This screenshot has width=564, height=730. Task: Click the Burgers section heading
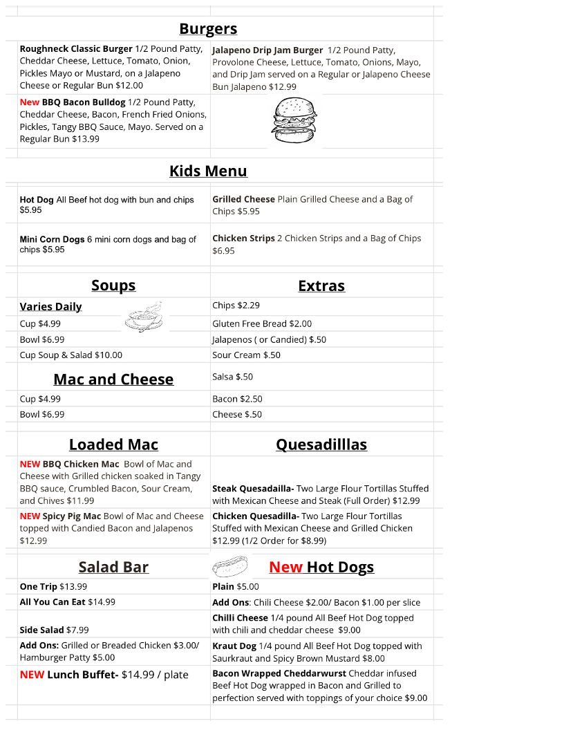[x=208, y=29]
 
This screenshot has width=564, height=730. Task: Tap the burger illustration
[x=294, y=122]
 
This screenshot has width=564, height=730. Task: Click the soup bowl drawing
[x=144, y=319]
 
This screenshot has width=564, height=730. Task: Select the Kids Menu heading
[x=208, y=171]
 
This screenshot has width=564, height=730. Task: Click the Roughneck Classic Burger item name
[x=76, y=49]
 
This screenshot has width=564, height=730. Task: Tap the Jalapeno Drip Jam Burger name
[x=267, y=50]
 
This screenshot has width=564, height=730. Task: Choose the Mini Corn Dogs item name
[x=52, y=239]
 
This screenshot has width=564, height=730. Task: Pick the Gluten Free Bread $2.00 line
[x=262, y=324]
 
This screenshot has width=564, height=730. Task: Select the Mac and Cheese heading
[x=113, y=380]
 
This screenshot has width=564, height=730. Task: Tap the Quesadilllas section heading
[x=321, y=444]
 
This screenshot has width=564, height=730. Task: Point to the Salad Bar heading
[x=113, y=568]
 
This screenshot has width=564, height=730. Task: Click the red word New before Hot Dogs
[x=285, y=568]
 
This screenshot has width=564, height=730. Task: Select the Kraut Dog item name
[x=234, y=646]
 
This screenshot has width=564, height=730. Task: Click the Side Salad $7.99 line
[x=54, y=630]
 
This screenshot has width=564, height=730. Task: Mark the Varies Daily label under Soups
[x=50, y=307]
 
